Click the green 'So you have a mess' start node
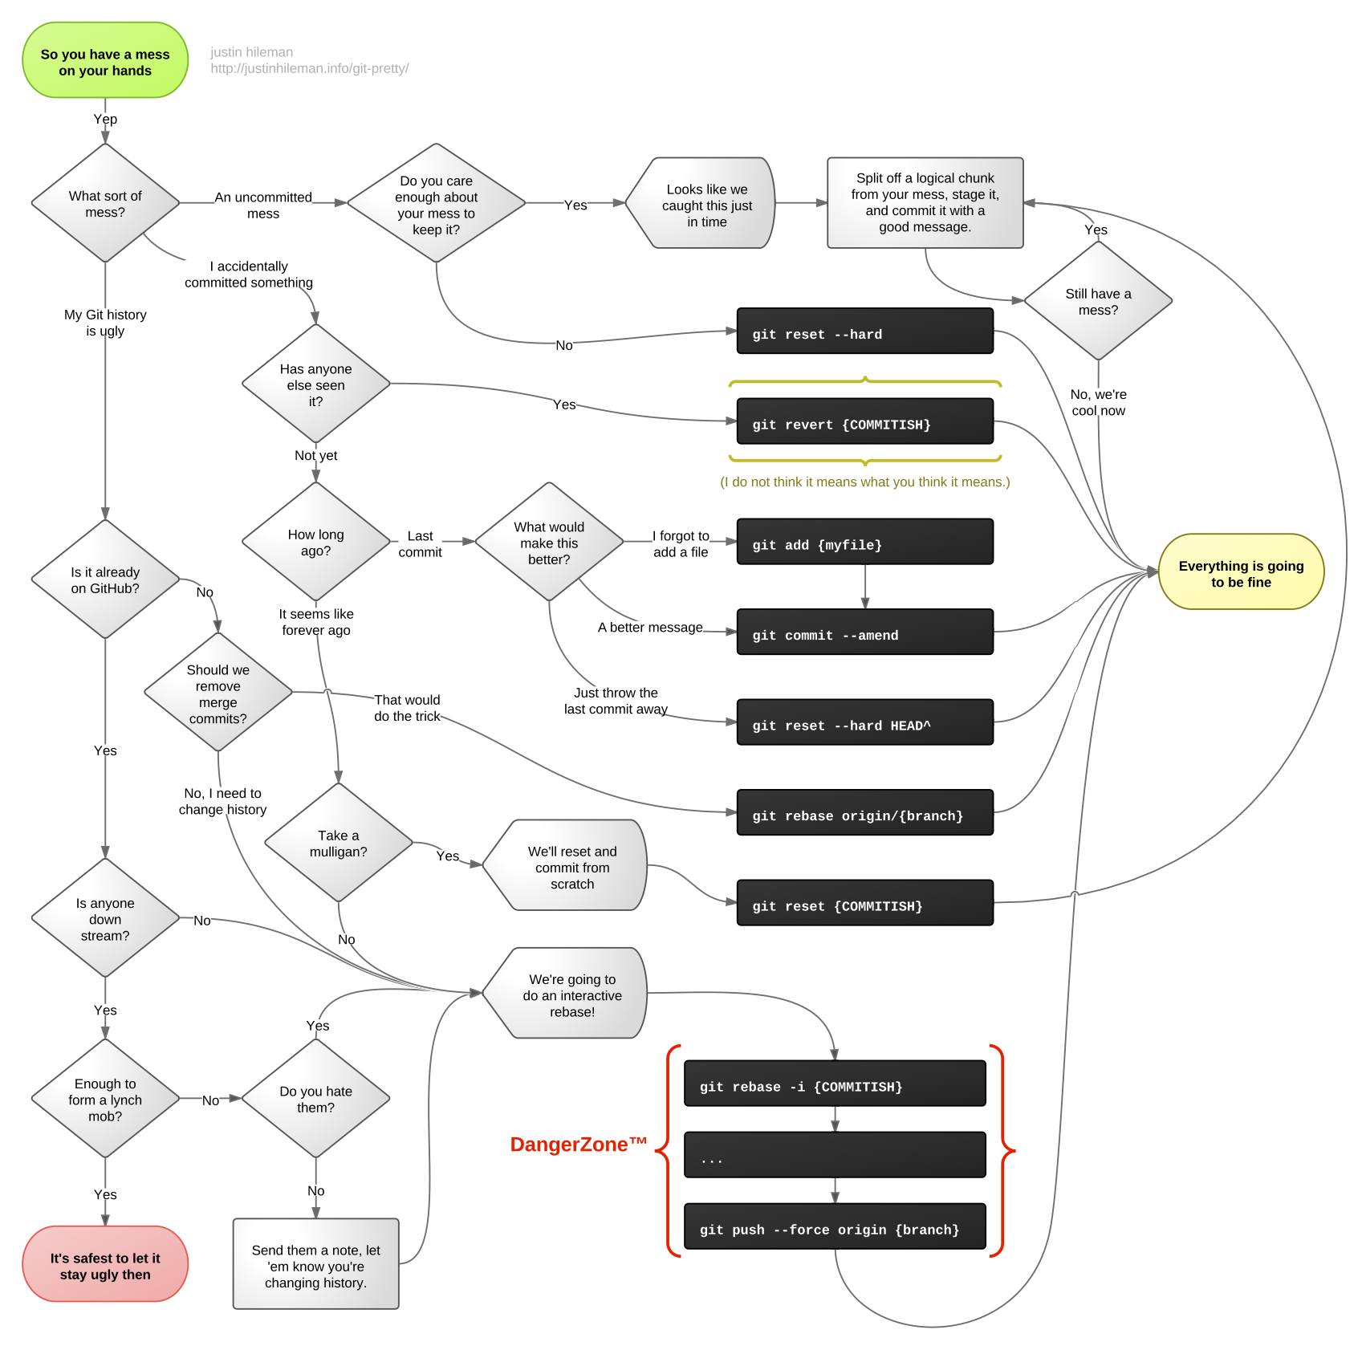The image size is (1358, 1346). point(105,61)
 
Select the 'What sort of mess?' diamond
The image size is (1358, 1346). point(105,203)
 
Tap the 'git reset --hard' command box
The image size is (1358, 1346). point(864,331)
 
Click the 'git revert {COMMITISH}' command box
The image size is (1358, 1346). point(864,421)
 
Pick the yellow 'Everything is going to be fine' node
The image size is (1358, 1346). point(1241,572)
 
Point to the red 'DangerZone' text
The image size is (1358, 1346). point(579,1145)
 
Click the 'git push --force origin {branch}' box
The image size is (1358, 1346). point(835,1226)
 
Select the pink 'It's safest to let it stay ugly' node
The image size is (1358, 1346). point(105,1264)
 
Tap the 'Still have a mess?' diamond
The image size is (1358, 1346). point(1098,301)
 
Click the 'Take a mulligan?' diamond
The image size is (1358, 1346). point(338,843)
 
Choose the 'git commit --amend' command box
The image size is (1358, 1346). point(864,632)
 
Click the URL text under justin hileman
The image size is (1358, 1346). point(309,69)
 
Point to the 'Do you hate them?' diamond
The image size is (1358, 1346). point(315,1099)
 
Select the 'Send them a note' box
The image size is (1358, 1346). point(315,1264)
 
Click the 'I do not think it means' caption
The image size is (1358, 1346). point(864,482)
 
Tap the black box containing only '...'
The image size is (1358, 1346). point(835,1155)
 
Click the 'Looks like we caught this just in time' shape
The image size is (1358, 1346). point(700,204)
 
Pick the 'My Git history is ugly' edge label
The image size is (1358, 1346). point(105,323)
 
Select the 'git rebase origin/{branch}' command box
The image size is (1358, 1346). point(864,813)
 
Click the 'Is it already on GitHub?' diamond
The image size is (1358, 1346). point(105,579)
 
